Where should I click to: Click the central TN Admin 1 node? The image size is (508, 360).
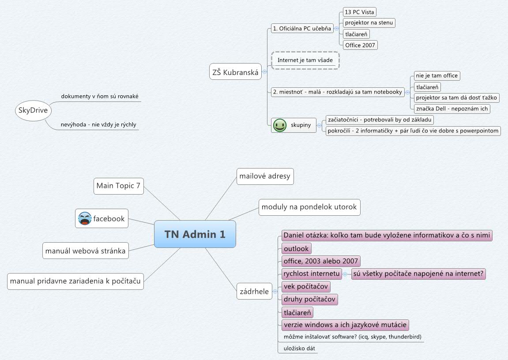[x=195, y=234]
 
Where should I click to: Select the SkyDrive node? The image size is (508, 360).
[x=33, y=110]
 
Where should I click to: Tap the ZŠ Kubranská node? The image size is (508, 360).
[x=235, y=72]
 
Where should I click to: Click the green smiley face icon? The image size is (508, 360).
[x=279, y=125]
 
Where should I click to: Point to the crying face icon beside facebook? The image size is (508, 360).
[x=85, y=218]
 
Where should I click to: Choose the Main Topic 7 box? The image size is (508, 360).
[x=119, y=186]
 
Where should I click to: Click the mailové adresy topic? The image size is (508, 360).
[x=265, y=176]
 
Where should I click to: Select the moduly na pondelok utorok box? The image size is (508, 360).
[x=309, y=207]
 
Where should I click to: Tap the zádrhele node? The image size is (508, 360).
[x=254, y=291]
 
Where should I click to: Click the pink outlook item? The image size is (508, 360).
[x=296, y=248]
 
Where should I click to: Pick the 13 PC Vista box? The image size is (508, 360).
[x=359, y=12]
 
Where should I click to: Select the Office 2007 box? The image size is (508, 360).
[x=360, y=45]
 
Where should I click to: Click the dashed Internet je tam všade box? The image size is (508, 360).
[x=305, y=60]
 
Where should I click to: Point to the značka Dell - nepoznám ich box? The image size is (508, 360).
[x=452, y=109]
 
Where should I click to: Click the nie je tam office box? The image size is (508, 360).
[x=436, y=75]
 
